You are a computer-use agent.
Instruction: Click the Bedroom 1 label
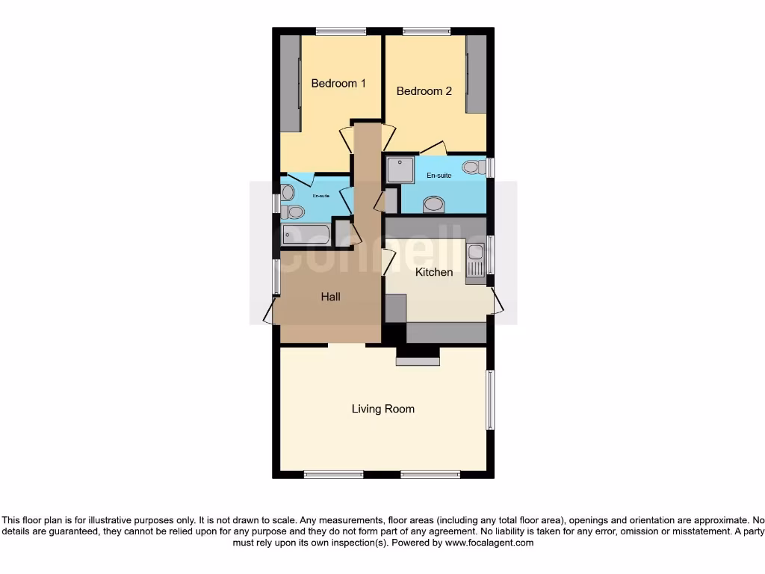click(338, 84)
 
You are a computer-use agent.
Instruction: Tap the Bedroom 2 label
click(424, 91)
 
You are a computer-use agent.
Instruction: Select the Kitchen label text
click(434, 272)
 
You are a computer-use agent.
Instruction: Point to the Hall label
click(331, 297)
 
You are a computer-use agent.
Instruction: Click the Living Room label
click(383, 409)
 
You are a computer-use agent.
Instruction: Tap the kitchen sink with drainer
click(475, 264)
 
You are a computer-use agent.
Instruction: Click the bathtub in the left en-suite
click(306, 235)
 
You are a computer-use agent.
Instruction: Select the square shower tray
click(400, 170)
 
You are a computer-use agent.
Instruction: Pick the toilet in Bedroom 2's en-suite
click(472, 167)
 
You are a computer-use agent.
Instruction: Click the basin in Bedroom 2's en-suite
click(433, 203)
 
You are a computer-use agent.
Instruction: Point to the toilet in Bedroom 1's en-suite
click(294, 212)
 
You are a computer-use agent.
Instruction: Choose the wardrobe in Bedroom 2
click(476, 75)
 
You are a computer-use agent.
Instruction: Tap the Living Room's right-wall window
click(490, 400)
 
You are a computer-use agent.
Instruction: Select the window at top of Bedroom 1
click(341, 31)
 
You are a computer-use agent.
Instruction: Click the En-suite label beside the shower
click(439, 176)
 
